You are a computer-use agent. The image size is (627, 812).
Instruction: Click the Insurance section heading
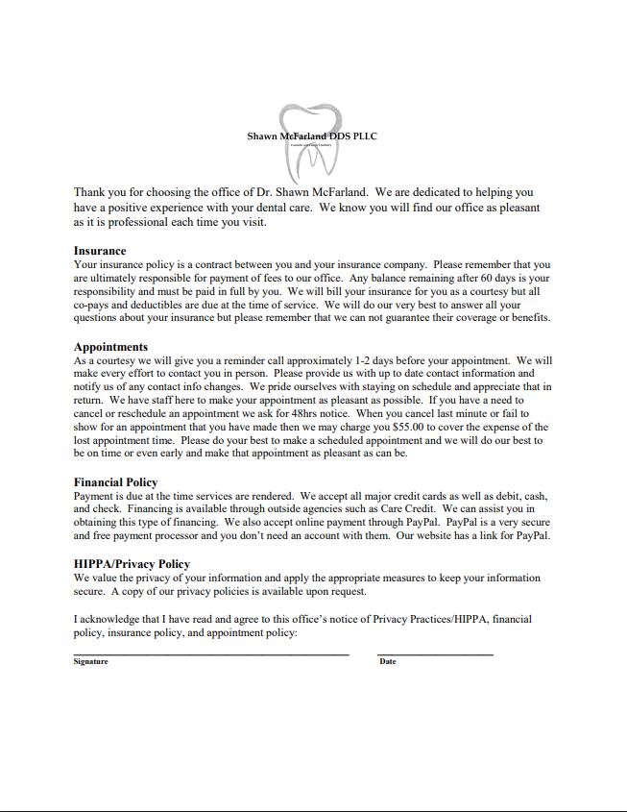point(100,251)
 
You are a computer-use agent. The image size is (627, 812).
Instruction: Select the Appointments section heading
point(110,347)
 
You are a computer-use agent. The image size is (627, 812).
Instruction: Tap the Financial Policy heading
point(115,482)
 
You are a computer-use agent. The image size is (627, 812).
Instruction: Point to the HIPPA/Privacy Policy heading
point(132,564)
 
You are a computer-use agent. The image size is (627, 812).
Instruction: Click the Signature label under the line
point(90,662)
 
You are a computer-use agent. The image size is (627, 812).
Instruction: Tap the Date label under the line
point(387,662)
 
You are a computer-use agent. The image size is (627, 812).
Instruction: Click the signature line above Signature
point(211,653)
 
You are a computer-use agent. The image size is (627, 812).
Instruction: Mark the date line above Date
point(435,653)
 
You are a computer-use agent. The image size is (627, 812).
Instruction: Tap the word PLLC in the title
point(363,136)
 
